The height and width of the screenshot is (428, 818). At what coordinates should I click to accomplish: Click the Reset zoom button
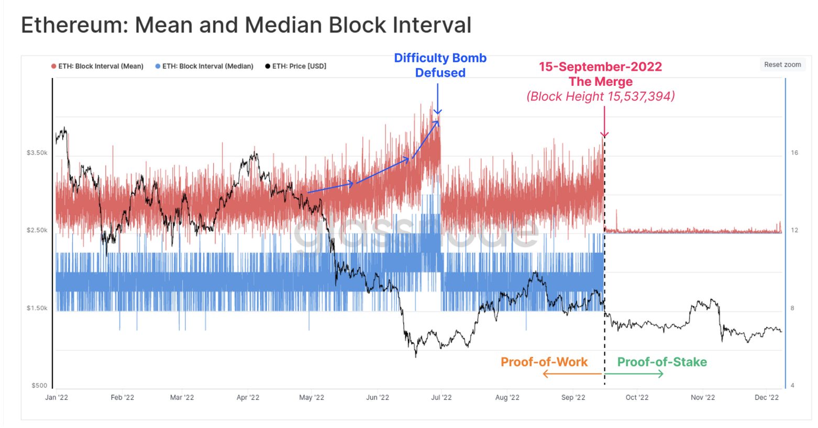[x=782, y=64]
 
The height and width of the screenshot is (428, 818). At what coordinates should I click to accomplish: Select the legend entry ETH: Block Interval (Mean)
[x=97, y=66]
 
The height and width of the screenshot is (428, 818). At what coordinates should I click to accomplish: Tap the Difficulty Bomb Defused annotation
[x=440, y=65]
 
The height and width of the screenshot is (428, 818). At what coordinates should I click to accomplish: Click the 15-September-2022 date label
[x=600, y=67]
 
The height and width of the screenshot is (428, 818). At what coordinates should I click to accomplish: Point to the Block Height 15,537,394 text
[x=601, y=96]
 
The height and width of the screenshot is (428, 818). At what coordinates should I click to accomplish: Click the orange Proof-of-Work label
[x=544, y=362]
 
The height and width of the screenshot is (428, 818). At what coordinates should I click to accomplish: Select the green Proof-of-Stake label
[x=662, y=362]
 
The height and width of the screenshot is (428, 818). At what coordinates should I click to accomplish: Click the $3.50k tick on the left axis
[x=37, y=153]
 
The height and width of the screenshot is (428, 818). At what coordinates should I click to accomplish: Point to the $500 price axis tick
[x=39, y=386]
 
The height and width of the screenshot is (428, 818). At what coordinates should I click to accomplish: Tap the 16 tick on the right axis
[x=794, y=153]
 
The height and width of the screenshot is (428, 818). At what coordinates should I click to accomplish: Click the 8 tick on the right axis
[x=792, y=308]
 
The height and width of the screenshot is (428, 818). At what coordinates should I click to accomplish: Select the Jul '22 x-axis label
[x=441, y=398]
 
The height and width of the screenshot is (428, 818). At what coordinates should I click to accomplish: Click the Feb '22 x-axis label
[x=122, y=398]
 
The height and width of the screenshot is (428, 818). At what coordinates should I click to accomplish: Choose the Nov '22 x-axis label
[x=703, y=398]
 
